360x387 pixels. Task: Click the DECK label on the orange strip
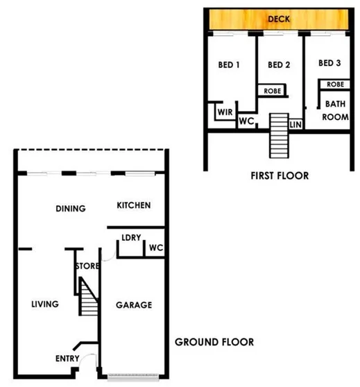[x=278, y=19]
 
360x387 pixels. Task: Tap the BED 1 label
[x=228, y=65]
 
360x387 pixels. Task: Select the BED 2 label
[x=278, y=65]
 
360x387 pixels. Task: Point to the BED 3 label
[x=329, y=63]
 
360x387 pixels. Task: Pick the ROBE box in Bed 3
[x=334, y=84]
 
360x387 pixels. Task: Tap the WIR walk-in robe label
[x=223, y=110]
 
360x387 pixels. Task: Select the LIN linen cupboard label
[x=295, y=124]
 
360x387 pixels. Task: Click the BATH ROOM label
[x=336, y=110]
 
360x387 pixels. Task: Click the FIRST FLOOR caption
[x=280, y=176]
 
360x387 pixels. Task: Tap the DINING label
[x=70, y=209]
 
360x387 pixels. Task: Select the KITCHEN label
[x=134, y=206]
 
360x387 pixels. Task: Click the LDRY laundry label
[x=131, y=238]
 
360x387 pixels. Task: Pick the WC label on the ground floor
[x=155, y=248]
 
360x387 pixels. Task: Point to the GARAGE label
[x=134, y=304]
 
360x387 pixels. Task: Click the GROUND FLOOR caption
[x=214, y=342]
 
